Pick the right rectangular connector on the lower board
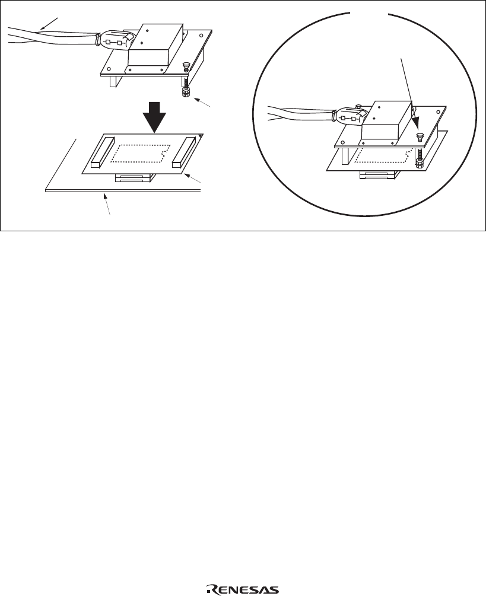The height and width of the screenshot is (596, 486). [x=184, y=152]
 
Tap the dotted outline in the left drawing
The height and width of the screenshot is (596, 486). [x=139, y=154]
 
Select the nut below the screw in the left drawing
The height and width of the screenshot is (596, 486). [x=185, y=93]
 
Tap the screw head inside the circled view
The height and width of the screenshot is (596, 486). [x=420, y=135]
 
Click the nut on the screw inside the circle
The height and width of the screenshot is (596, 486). [x=420, y=164]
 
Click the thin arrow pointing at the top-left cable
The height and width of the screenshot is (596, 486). [x=49, y=24]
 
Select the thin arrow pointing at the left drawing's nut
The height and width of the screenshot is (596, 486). [x=202, y=103]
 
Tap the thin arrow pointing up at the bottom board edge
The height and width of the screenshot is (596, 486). [x=107, y=205]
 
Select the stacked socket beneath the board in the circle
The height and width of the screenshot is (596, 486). [x=379, y=175]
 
